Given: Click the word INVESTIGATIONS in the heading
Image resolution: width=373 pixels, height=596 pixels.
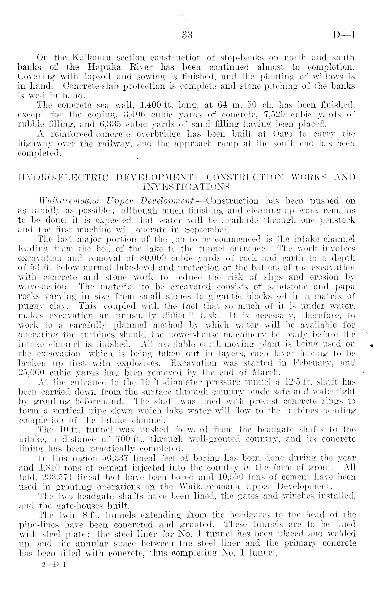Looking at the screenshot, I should [x=186, y=185].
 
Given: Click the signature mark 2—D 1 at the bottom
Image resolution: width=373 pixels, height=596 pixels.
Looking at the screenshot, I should [x=54, y=564].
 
